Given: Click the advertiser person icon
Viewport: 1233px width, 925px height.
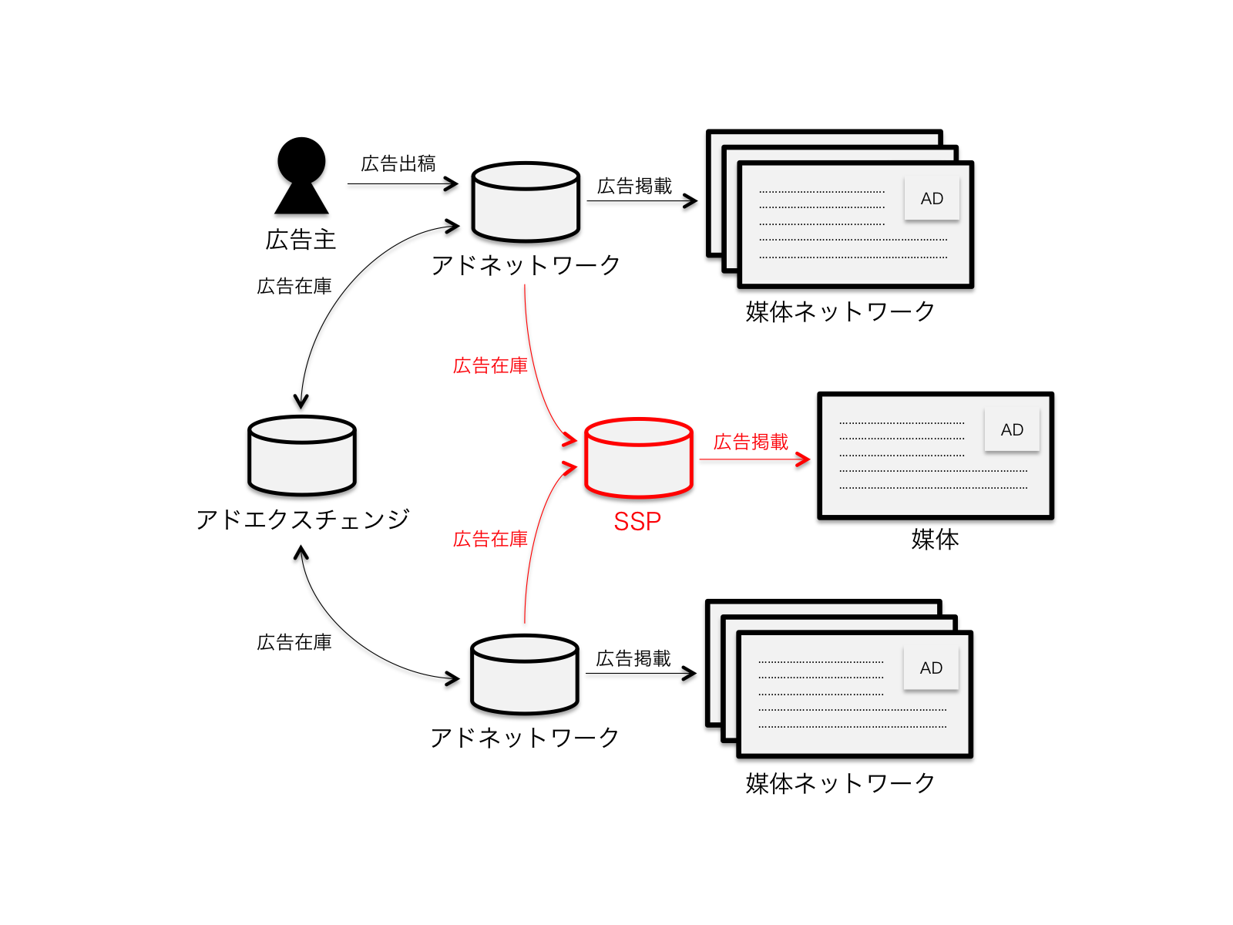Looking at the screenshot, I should pos(301,176).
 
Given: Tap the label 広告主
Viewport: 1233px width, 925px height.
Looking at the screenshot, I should pos(301,240).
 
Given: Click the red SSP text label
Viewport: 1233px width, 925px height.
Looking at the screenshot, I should pos(637,522).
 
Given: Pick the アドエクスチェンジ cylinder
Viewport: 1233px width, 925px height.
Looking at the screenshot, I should pos(302,455).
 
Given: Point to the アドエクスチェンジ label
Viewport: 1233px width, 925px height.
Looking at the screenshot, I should pos(302,520).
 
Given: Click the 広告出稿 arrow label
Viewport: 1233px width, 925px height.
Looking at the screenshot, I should pos(398,163).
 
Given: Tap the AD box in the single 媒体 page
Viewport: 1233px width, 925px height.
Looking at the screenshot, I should pos(1012,429).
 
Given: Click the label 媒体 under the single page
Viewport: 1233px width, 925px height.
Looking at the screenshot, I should pos(935,539).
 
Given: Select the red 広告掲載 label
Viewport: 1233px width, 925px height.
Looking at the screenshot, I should pos(751,442).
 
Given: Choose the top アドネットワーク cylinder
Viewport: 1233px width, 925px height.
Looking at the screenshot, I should pos(526,201).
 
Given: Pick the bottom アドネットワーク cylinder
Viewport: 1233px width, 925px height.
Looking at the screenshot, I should pos(525,674).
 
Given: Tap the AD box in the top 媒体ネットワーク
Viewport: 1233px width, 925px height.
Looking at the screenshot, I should pos(932,198).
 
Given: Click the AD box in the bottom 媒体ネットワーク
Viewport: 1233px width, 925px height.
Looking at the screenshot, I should pos(931,668).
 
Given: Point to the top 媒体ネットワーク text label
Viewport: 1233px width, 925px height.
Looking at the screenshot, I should pos(840,311).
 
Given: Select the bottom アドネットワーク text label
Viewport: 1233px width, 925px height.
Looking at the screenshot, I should pos(525,738).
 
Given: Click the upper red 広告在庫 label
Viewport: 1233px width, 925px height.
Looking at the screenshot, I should pos(490,365).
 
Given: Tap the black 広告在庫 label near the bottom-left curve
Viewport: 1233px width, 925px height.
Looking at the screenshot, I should pos(294,642).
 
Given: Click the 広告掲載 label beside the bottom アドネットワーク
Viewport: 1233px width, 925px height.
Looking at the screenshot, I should pos(633,658).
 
